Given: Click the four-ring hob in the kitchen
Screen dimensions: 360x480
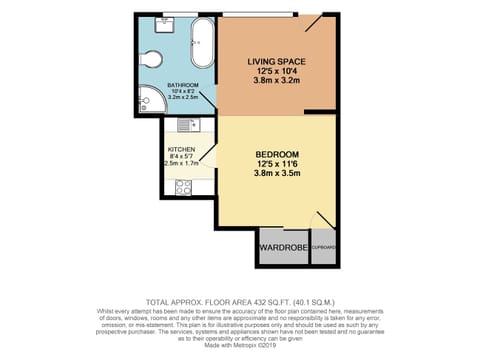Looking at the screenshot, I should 185,186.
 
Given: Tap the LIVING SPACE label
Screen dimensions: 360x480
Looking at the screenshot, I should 276,61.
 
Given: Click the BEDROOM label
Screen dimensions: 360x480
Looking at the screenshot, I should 275,154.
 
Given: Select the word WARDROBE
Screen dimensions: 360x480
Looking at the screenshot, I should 282,246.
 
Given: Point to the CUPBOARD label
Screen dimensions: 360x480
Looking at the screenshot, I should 323,246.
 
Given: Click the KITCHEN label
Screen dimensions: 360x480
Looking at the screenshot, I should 180,148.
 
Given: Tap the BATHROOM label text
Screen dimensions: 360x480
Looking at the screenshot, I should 182,85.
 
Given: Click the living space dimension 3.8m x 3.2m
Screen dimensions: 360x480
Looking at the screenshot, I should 276,83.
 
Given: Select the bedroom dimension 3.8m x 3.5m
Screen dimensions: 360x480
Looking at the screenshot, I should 275,175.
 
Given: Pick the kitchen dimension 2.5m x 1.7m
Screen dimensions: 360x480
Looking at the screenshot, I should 180,163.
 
